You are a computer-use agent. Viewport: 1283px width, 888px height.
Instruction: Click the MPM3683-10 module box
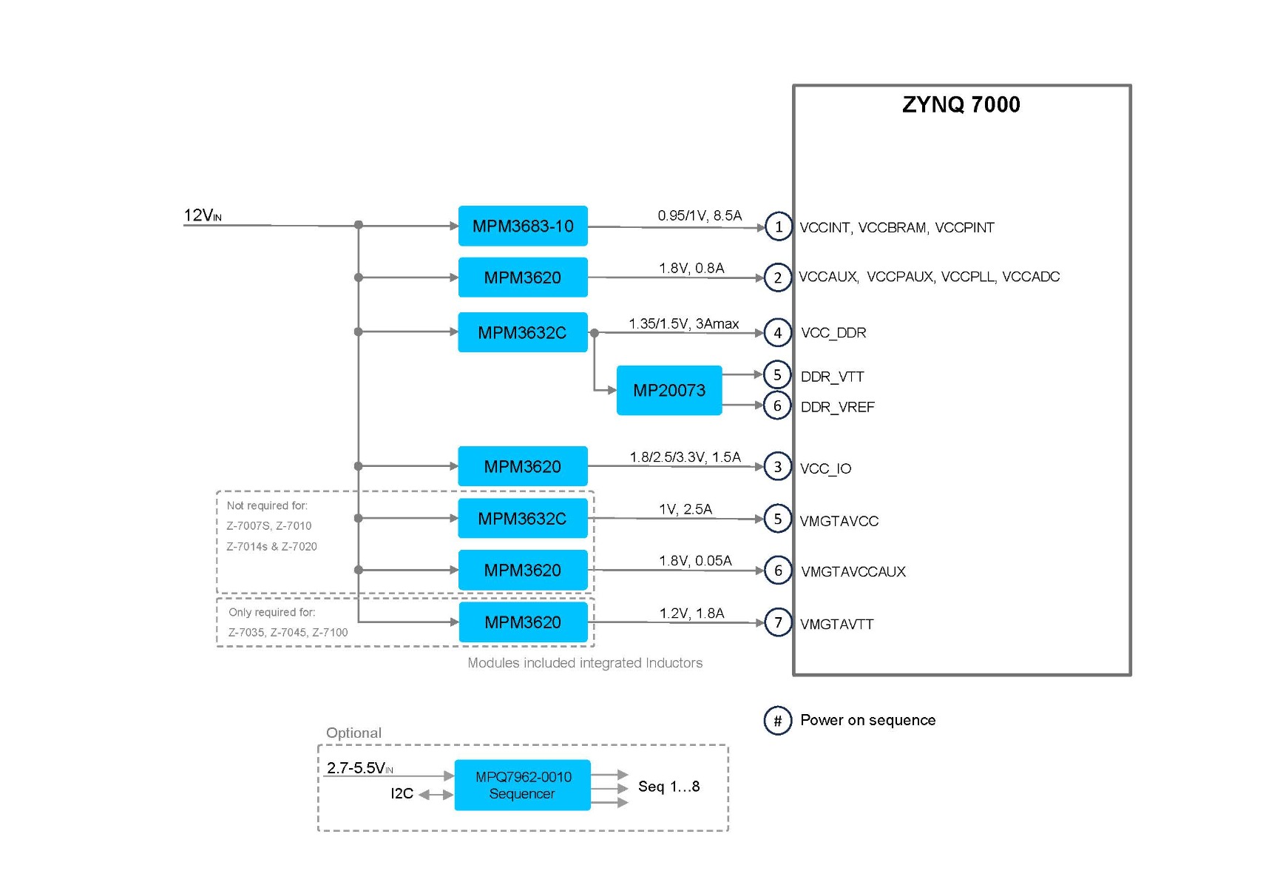(522, 226)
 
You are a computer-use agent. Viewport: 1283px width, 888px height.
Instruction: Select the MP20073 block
(668, 390)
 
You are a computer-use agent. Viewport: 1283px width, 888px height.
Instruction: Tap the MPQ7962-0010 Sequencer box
(522, 785)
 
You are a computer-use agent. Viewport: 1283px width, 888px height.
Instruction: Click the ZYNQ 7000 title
(961, 104)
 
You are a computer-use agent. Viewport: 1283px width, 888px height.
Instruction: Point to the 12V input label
(202, 215)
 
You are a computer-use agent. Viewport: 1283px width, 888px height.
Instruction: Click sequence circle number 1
(778, 226)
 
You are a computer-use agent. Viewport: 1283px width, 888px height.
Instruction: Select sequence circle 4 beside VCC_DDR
(777, 333)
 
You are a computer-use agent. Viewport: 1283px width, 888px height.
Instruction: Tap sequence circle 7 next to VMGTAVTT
(778, 622)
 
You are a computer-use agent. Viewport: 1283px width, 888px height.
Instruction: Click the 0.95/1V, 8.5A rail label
(699, 215)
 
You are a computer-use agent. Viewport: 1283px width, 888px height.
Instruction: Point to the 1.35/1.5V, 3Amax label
(683, 323)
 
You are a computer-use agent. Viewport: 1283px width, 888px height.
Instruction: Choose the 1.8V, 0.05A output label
(695, 560)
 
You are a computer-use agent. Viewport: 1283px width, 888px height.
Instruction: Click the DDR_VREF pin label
(837, 407)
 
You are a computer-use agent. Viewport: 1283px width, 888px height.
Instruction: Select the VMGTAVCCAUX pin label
(853, 571)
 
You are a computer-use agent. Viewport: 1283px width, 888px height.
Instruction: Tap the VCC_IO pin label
(825, 468)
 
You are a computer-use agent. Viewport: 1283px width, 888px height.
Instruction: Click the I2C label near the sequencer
(402, 793)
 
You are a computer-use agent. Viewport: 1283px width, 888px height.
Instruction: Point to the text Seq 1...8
(668, 786)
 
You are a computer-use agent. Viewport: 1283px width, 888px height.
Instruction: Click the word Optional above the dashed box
(353, 733)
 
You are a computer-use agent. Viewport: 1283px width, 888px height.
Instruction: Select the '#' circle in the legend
(777, 720)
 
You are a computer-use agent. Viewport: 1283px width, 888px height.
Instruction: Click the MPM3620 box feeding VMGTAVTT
(522, 622)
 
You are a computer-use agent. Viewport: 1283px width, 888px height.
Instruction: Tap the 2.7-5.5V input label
(359, 768)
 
